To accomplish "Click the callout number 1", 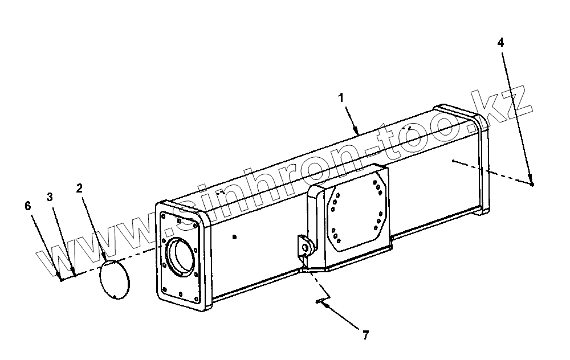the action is pos(340,98).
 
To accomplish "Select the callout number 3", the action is pos(50,197).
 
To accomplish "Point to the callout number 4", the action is pos(500,42).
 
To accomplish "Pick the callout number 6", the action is pos(28,206).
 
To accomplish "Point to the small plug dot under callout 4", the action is pos(531,184).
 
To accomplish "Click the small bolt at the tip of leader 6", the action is pos(60,279).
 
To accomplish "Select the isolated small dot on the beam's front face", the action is pos(234,235).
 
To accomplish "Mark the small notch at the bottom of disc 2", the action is pos(116,296).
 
